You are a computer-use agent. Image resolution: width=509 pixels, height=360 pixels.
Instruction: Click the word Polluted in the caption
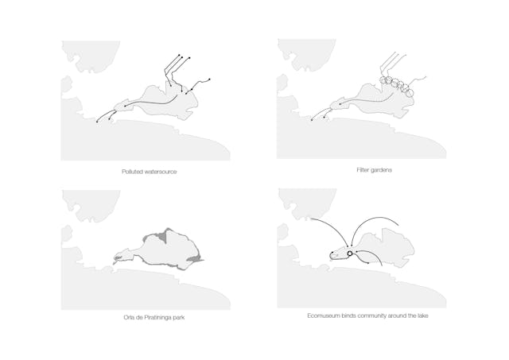[131, 172]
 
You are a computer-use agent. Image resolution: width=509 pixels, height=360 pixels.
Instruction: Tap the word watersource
[159, 172]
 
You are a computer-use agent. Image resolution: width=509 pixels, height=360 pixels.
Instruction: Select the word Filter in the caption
[363, 170]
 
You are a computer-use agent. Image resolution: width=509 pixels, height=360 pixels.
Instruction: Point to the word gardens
[381, 170]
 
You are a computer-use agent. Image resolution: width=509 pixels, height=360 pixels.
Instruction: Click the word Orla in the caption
[128, 317]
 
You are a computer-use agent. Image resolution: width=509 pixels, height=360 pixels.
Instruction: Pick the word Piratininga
[157, 318]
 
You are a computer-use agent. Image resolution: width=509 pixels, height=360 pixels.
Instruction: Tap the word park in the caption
[179, 318]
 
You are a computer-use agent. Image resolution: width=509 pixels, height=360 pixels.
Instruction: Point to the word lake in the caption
[422, 315]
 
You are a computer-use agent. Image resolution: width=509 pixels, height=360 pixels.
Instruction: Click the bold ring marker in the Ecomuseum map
[350, 254]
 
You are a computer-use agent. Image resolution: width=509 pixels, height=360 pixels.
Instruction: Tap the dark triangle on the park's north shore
[163, 236]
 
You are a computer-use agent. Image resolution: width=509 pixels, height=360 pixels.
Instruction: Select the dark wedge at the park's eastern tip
[195, 258]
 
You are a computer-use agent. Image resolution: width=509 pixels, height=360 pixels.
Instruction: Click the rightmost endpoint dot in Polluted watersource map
[209, 79]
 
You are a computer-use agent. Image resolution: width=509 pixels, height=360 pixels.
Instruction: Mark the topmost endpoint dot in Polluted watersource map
[179, 55]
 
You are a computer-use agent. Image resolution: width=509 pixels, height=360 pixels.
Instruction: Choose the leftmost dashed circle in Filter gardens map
[383, 80]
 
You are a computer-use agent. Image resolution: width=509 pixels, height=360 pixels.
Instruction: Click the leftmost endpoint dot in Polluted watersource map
[97, 122]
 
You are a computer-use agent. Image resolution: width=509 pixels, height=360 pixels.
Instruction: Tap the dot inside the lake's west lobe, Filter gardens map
[340, 104]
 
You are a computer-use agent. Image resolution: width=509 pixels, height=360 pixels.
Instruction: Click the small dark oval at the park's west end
[118, 257]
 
